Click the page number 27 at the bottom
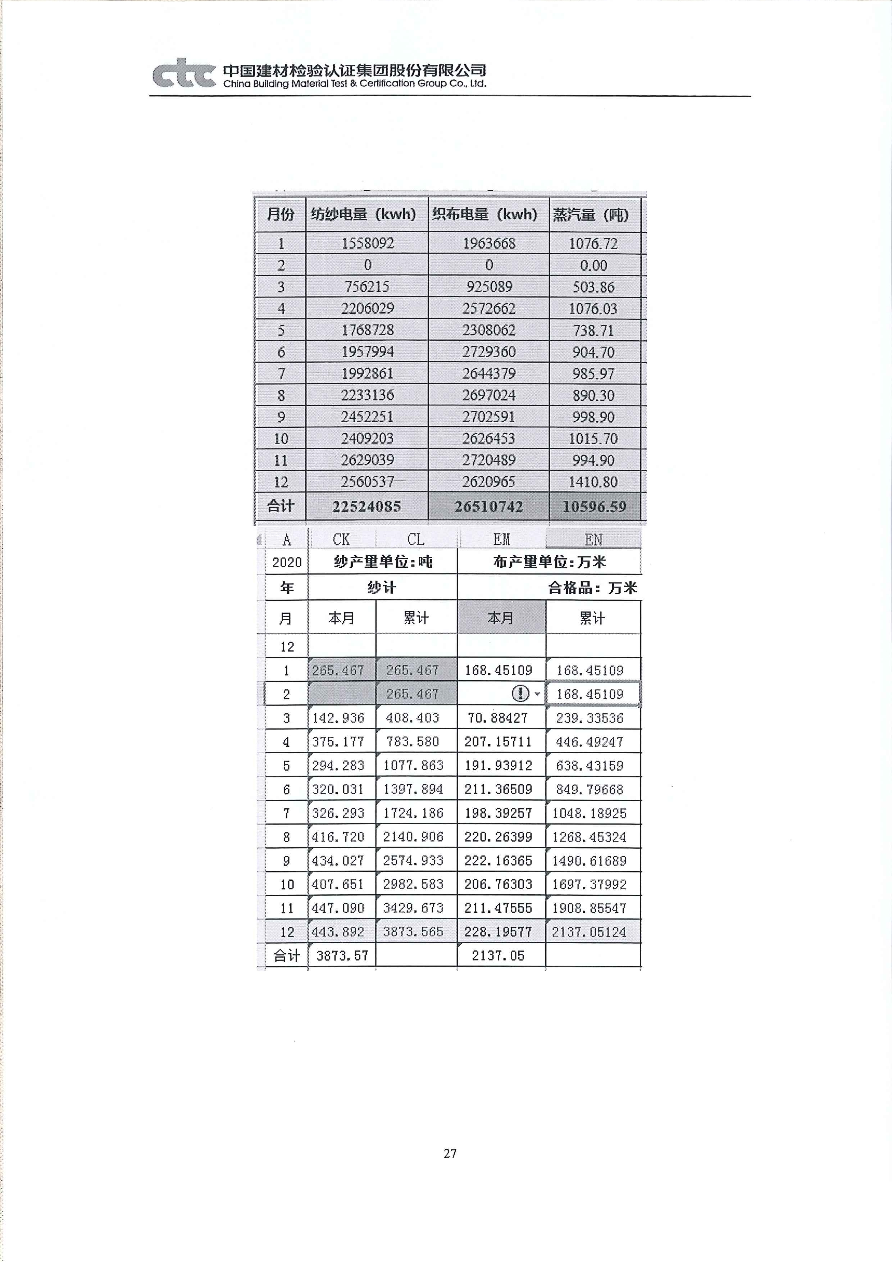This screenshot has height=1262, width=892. (450, 1153)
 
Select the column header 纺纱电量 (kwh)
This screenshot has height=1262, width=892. (363, 214)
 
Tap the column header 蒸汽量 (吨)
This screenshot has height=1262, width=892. (591, 215)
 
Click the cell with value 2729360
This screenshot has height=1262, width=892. (488, 352)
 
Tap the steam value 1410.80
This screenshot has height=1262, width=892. (593, 482)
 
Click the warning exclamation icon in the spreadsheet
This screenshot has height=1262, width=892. (520, 694)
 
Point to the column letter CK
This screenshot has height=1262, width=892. (341, 540)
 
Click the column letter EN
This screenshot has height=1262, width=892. (593, 540)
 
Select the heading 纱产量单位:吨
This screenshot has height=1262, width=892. (383, 562)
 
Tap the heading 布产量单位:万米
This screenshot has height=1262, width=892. (549, 562)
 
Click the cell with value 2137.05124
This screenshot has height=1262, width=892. (589, 932)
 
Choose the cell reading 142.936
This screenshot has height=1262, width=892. (338, 718)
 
